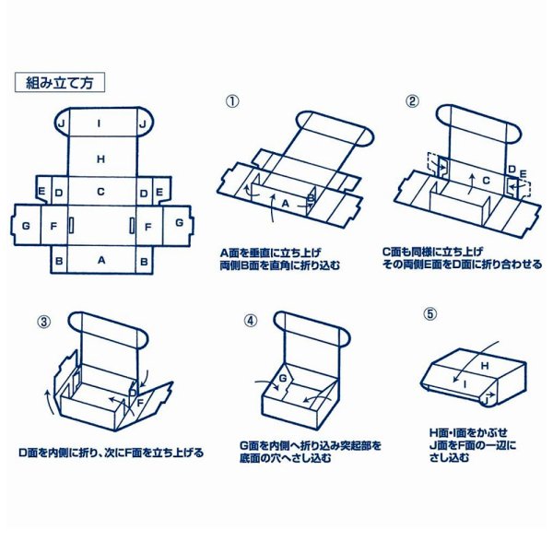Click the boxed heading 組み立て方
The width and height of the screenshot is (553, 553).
click(x=60, y=81)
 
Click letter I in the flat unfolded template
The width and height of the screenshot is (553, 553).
click(x=100, y=122)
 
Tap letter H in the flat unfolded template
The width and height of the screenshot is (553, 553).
click(x=100, y=159)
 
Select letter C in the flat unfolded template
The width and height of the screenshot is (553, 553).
click(x=100, y=192)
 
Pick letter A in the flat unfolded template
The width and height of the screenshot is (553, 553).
click(x=100, y=262)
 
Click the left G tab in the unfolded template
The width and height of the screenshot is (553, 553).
click(x=26, y=225)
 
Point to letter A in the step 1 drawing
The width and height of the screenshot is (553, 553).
click(x=285, y=202)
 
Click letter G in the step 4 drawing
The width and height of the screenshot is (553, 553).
click(x=283, y=379)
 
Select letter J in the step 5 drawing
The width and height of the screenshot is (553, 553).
click(x=483, y=399)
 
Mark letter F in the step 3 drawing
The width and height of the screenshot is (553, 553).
click(x=140, y=401)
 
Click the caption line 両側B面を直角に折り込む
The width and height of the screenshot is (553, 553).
click(x=279, y=264)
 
